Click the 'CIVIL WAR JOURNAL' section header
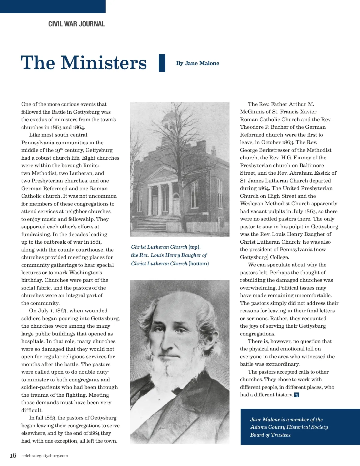76,24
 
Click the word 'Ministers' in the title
104,63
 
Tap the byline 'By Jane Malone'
197,63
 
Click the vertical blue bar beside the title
162,63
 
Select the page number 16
13,455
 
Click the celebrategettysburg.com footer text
45,456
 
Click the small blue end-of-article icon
297,395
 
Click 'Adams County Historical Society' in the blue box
289,427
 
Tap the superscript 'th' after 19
62,149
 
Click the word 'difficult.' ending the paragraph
32,410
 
